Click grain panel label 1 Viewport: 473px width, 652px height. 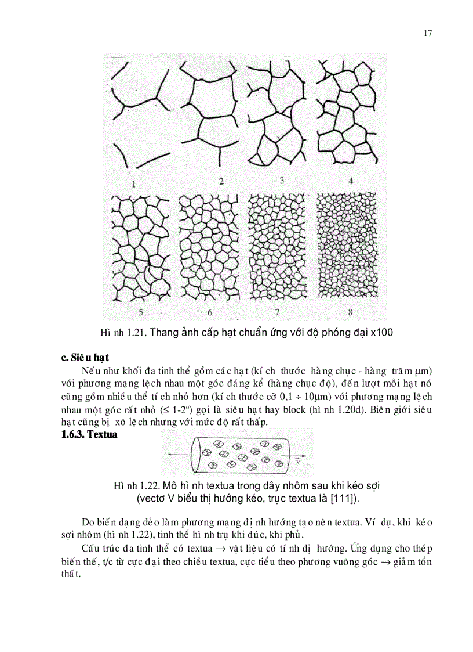(x=134, y=184)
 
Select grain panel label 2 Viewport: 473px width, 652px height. (x=221, y=181)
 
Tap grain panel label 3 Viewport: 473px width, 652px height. (x=282, y=181)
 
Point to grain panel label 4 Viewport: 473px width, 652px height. (x=350, y=181)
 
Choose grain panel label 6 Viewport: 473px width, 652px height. (x=210, y=312)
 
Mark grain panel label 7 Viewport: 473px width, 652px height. (x=278, y=312)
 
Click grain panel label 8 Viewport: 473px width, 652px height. (x=350, y=312)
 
